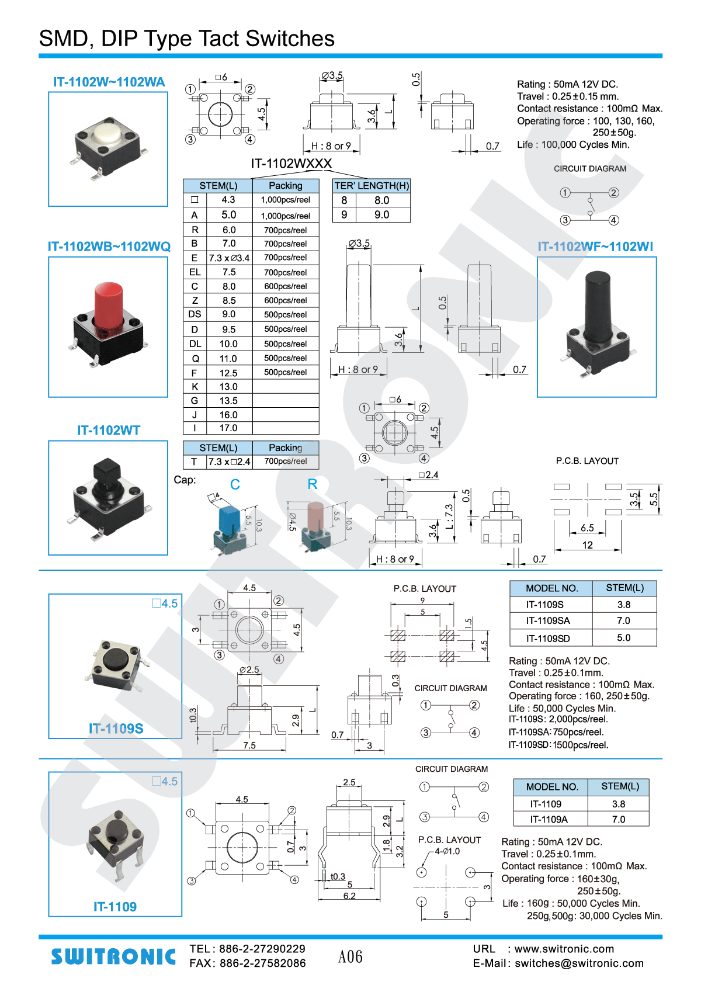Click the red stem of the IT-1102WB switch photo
point(108,306)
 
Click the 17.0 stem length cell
point(228,428)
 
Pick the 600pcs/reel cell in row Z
point(286,300)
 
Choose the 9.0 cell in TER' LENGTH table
point(381,215)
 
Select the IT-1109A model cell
point(549,819)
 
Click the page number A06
point(350,956)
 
